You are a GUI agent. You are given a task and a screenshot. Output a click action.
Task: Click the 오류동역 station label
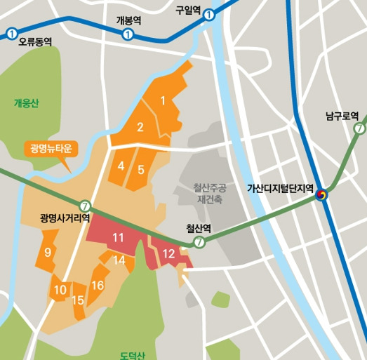(36, 42)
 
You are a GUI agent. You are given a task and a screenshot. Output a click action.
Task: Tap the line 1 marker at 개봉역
(128, 34)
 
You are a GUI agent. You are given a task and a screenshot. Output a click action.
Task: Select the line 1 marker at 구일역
(209, 19)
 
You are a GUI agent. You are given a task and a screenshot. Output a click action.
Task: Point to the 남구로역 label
(342, 116)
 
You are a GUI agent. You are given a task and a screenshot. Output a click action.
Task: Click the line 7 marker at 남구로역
(359, 128)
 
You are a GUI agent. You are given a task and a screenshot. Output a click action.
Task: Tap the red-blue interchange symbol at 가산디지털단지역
(322, 194)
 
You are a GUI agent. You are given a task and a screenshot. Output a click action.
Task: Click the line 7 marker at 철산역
(199, 242)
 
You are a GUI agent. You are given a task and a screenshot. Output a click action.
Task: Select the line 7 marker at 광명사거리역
(86, 206)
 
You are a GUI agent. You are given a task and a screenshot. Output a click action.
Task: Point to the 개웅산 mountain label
(27, 103)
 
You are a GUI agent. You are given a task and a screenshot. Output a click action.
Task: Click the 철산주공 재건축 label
(210, 193)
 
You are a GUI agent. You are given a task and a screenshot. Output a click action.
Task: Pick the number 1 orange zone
(163, 100)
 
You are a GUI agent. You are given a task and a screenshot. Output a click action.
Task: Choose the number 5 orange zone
(141, 169)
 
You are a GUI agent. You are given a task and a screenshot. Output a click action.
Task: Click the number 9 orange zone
(48, 252)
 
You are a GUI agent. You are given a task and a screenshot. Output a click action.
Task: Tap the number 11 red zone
(118, 238)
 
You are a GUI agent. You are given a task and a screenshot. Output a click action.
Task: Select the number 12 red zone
(169, 253)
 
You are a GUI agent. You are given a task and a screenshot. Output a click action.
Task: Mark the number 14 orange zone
(119, 260)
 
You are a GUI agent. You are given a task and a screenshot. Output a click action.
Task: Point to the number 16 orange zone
(98, 285)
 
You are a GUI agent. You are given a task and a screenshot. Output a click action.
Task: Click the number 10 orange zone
(60, 289)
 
